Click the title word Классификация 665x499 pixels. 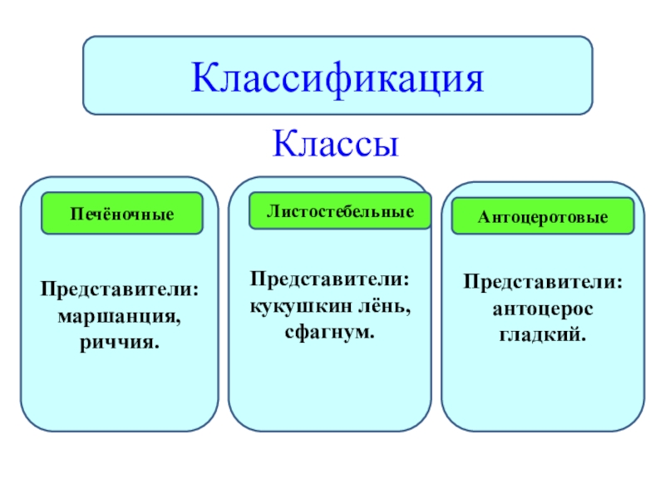click(337, 77)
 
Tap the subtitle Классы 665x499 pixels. click(337, 144)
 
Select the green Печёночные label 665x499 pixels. click(123, 214)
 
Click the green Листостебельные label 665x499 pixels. click(341, 211)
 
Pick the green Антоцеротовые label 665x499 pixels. click(542, 218)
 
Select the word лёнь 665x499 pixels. click(384, 307)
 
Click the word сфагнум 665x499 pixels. click(331, 332)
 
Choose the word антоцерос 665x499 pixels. click(543, 309)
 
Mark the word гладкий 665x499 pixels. click(543, 333)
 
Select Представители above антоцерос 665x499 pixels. click(543, 283)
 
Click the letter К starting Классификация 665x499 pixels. click(204, 77)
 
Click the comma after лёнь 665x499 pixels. click(411, 311)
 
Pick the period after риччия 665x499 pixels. click(157, 345)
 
